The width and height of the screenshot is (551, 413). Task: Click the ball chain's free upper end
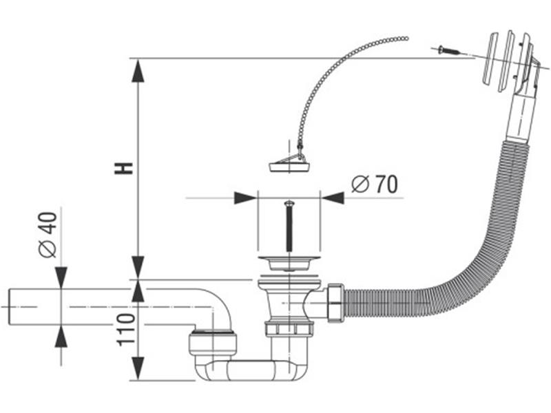(x=406, y=37)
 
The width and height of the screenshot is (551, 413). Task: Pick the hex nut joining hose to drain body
(x=335, y=301)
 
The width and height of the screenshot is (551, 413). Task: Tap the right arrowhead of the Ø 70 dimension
(x=333, y=198)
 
